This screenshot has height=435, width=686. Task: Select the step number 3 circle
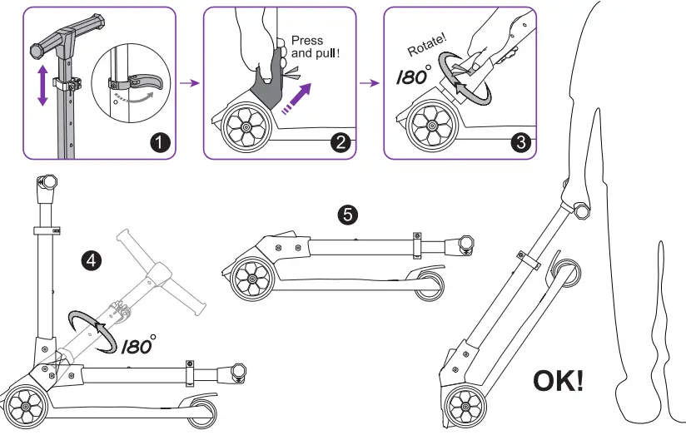click(x=521, y=141)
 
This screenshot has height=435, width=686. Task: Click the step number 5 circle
click(x=348, y=215)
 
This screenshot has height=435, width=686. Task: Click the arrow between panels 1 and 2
click(x=191, y=82)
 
